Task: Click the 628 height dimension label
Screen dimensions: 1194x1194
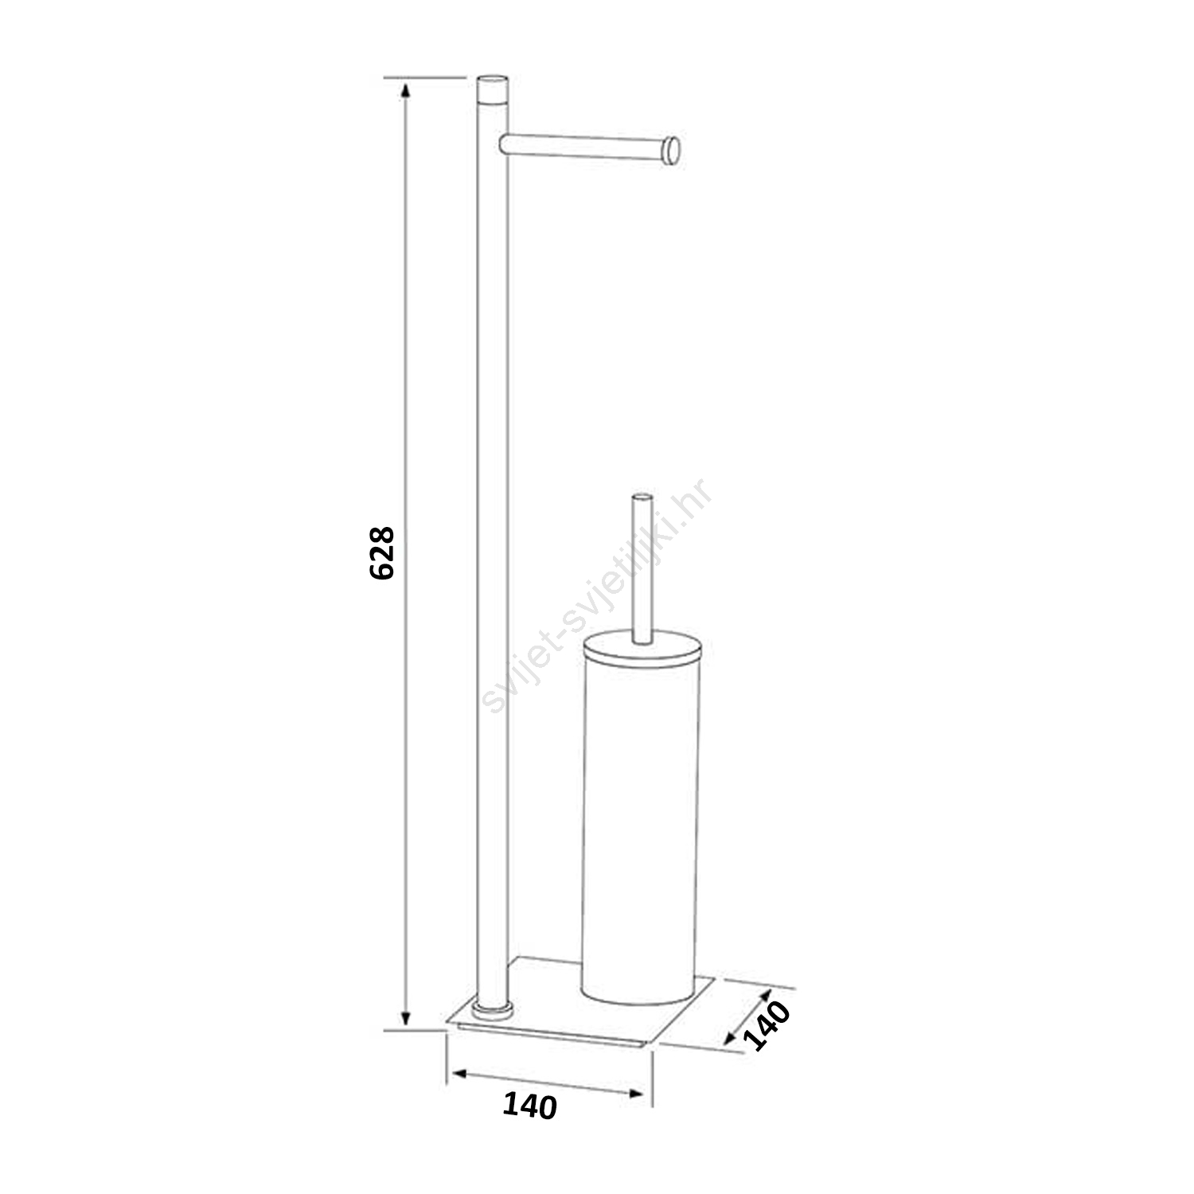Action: pyautogui.click(x=382, y=552)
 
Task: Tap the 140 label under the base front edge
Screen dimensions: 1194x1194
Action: pyautogui.click(x=530, y=1106)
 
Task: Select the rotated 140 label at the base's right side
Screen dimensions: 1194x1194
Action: pyautogui.click(x=768, y=1025)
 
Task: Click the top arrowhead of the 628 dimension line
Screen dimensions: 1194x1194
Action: pyautogui.click(x=406, y=89)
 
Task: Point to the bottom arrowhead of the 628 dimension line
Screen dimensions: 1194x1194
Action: pyautogui.click(x=406, y=1016)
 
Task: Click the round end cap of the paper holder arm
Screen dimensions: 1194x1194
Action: pyautogui.click(x=673, y=150)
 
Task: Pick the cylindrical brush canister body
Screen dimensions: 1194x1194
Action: pyautogui.click(x=642, y=820)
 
